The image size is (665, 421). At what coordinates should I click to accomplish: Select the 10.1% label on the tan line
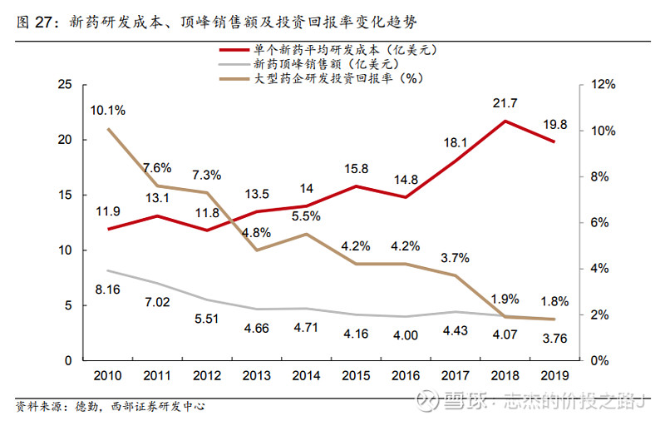[x=108, y=110]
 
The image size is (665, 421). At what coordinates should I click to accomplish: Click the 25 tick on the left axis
[x=66, y=86]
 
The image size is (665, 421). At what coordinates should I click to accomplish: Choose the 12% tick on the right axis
[x=603, y=86]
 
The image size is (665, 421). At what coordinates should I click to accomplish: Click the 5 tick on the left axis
[x=69, y=305]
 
